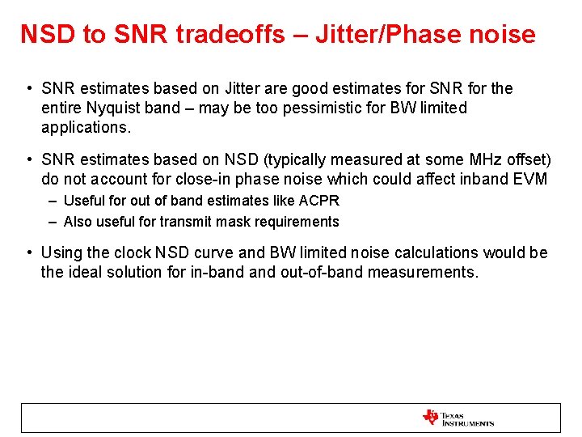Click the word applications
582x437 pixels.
pyautogui.click(x=84, y=128)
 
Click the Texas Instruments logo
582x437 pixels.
pyautogui.click(x=458, y=418)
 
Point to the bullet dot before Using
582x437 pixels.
pyautogui.click(x=28, y=253)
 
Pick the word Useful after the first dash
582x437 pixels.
pyautogui.click(x=82, y=201)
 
